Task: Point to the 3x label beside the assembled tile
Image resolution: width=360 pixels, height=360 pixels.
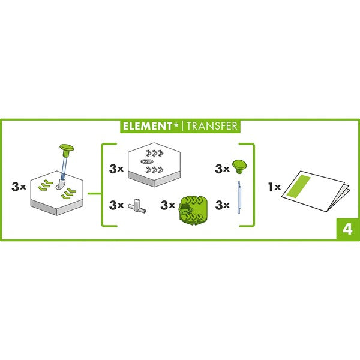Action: coord(19,187)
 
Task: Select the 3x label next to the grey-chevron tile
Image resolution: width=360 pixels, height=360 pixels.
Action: coord(116,169)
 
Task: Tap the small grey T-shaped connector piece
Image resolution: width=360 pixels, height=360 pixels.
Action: coord(139,205)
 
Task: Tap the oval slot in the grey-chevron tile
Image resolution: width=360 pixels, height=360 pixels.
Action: coord(145,162)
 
